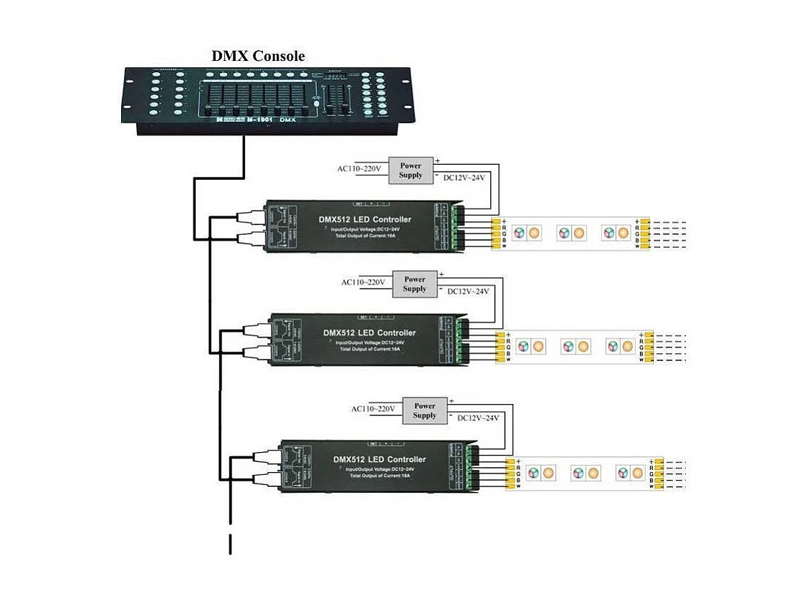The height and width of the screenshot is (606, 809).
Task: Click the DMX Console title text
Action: (x=258, y=56)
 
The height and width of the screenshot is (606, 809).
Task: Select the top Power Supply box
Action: (x=411, y=170)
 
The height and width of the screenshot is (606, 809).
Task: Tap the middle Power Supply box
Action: (x=414, y=284)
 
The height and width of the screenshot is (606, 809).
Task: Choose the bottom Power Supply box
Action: (x=424, y=410)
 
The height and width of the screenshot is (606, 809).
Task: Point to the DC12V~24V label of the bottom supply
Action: (x=478, y=418)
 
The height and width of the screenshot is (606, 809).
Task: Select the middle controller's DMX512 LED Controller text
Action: (x=370, y=332)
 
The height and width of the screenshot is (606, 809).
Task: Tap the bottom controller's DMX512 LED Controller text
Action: (x=380, y=459)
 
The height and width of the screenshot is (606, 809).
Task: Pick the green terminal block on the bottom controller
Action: (x=471, y=468)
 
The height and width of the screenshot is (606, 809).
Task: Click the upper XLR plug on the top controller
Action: (x=250, y=215)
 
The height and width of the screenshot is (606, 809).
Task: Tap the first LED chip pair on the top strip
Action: (x=527, y=234)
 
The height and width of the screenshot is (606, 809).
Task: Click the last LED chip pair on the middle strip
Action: (x=618, y=347)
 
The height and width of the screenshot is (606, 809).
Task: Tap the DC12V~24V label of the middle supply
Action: (x=467, y=292)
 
